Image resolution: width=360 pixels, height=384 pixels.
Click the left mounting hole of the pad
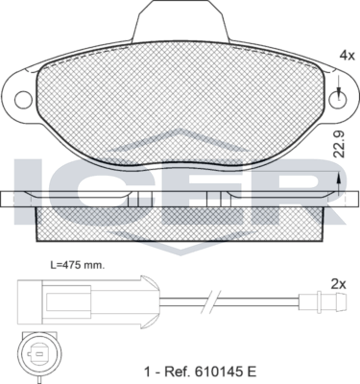point(21,100)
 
